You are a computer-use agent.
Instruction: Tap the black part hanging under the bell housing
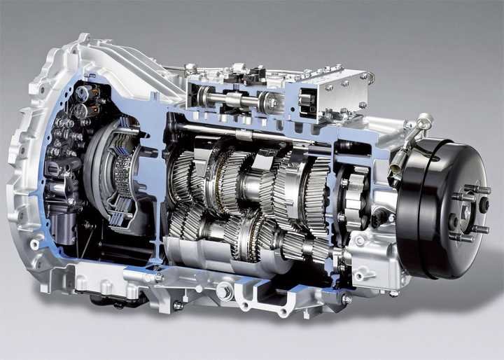pos(112,301)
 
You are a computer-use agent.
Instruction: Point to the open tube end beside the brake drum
pos(395,169)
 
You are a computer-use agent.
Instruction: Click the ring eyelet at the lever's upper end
pos(425,120)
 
